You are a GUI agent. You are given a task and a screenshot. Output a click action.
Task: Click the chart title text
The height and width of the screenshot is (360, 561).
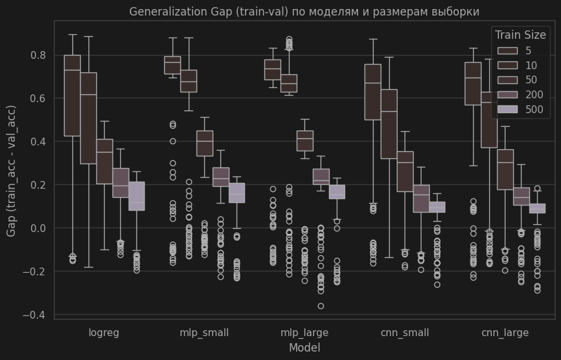tap(304, 12)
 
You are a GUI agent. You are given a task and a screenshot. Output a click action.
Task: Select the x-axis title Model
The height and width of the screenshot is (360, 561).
tap(304, 348)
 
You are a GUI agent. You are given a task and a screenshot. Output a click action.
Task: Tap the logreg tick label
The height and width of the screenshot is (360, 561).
tap(104, 333)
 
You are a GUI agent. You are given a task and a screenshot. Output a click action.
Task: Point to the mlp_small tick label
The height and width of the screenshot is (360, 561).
tap(204, 333)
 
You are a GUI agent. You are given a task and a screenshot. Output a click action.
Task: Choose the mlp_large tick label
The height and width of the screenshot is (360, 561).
tap(304, 333)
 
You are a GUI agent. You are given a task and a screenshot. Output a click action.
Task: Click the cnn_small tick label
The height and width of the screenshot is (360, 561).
tap(405, 333)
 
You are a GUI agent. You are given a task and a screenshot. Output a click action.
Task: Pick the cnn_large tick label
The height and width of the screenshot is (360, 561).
tap(505, 333)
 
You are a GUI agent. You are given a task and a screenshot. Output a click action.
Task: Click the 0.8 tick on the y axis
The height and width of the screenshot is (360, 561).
tap(38, 56)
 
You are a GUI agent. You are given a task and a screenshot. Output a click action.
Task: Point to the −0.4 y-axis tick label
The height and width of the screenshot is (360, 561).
tap(35, 315)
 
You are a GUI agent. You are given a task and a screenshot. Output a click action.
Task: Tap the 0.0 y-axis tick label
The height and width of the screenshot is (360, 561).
tap(38, 228)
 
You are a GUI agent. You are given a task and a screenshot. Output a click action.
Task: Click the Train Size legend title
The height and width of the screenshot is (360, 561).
tap(520, 35)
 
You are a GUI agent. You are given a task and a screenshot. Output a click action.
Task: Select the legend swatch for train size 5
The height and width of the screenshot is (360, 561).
tap(506, 50)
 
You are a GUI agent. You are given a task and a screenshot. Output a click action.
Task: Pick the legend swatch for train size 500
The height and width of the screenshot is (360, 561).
tap(506, 109)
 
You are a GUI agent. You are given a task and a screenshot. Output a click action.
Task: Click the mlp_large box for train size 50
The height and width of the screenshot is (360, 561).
tap(304, 140)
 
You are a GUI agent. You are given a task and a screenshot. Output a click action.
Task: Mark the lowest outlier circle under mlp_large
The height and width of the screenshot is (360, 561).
tap(321, 306)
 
